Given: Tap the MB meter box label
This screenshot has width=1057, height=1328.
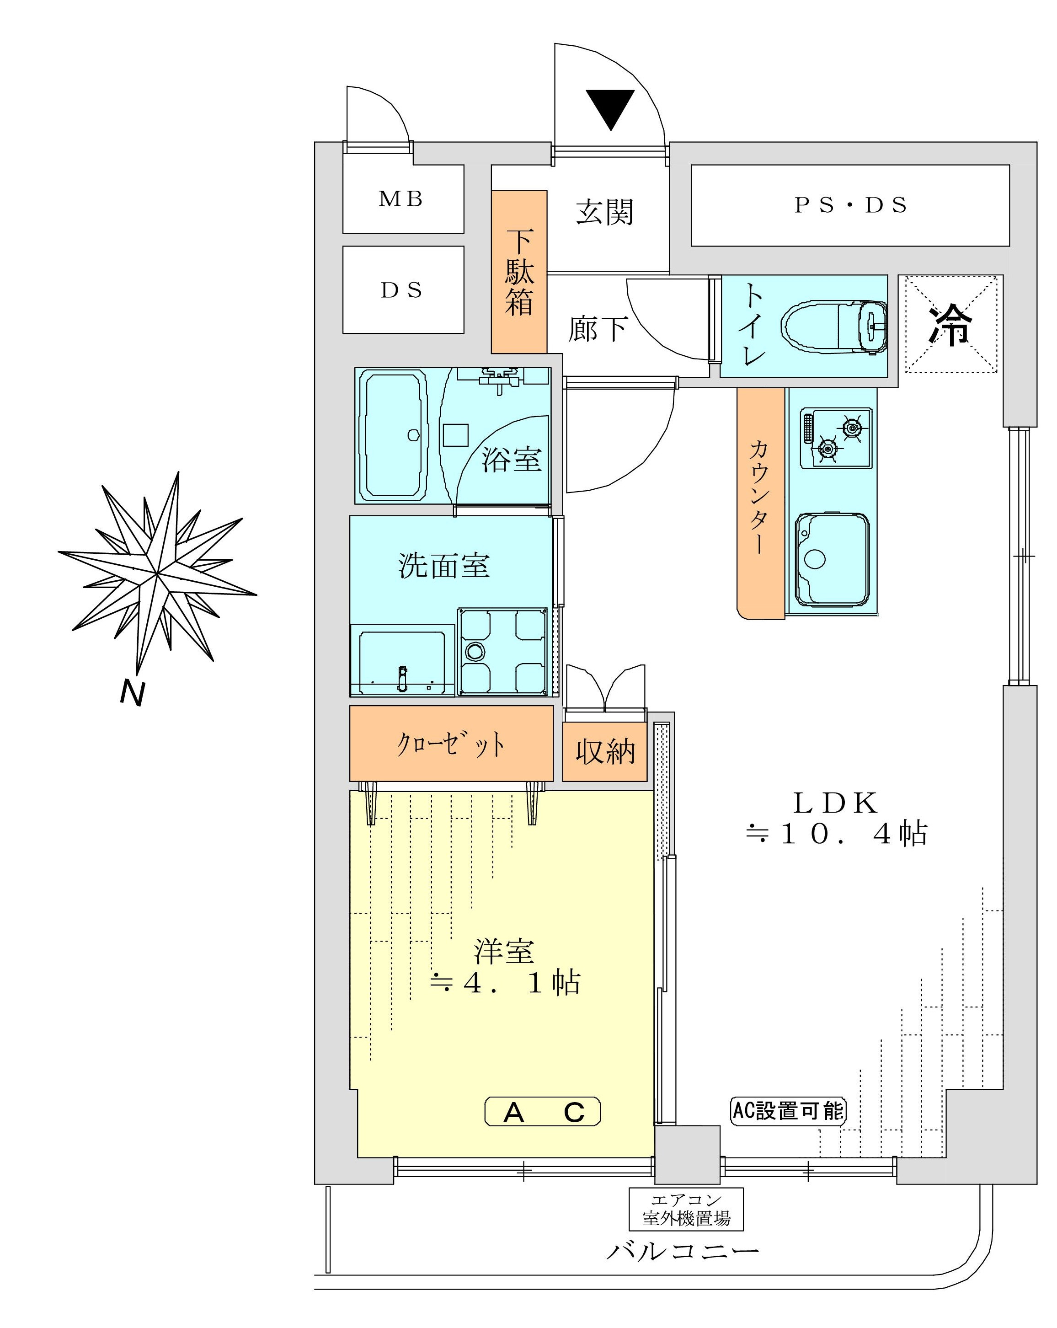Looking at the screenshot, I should coord(401,199).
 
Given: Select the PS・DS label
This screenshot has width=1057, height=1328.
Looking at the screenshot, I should coord(850,205).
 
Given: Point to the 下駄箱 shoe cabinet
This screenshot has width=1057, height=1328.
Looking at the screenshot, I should coord(518,272).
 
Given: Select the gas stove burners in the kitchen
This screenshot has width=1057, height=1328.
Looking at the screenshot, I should coord(837,437).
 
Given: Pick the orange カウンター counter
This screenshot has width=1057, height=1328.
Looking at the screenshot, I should coord(761,502).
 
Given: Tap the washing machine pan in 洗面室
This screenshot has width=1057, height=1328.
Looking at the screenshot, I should coord(502,651).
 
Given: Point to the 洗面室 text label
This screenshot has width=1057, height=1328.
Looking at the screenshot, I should coord(443,565).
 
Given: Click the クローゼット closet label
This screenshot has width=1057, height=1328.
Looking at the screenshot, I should coord(451,744).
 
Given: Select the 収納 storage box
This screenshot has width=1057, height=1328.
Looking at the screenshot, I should coord(604,751).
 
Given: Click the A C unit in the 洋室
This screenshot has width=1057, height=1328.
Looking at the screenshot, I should coord(542,1112).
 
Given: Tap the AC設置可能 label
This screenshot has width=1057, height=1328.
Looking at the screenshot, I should coord(788,1111).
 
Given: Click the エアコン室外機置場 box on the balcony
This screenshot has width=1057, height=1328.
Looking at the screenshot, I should coord(686,1209).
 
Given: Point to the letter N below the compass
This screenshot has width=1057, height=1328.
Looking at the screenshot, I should coord(132,693).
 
